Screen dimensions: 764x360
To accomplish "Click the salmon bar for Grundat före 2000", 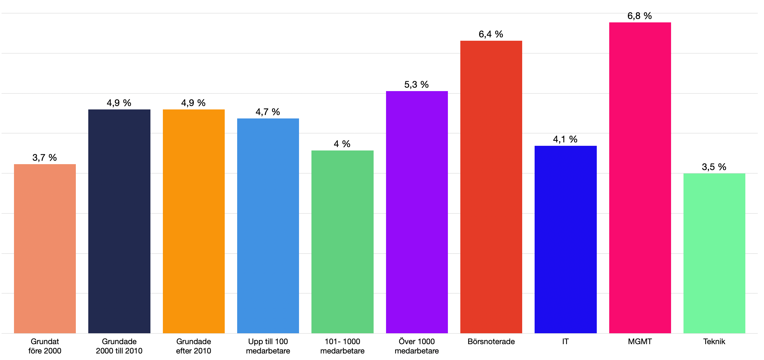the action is [45, 249].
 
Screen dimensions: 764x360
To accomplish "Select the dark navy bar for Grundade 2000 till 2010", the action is [119, 221].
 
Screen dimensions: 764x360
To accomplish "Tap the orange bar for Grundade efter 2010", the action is [194, 221].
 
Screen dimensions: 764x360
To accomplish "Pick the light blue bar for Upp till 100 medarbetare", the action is [268, 226].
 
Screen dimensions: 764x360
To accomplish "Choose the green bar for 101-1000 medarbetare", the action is [343, 242].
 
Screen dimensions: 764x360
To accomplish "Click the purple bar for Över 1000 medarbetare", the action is [417, 212].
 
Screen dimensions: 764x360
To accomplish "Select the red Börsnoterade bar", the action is [491, 187].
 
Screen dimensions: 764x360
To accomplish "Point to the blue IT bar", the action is [566, 239].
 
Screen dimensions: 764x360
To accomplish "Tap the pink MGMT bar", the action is [640, 178].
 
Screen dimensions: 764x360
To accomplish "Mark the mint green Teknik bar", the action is [714, 253].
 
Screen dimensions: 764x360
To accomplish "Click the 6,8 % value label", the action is [640, 16].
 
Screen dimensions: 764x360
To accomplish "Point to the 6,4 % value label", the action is [491, 34].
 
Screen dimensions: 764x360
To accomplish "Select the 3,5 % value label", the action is [714, 167].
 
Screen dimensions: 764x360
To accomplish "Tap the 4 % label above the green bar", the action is [342, 144].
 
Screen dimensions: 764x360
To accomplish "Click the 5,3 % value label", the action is [417, 85].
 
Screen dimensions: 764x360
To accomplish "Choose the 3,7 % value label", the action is [44, 158].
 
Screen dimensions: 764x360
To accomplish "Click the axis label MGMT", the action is [640, 342].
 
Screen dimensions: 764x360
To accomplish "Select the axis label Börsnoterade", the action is [491, 342].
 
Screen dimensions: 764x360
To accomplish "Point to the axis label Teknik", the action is [714, 342].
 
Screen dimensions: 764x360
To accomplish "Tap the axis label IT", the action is [565, 342].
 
